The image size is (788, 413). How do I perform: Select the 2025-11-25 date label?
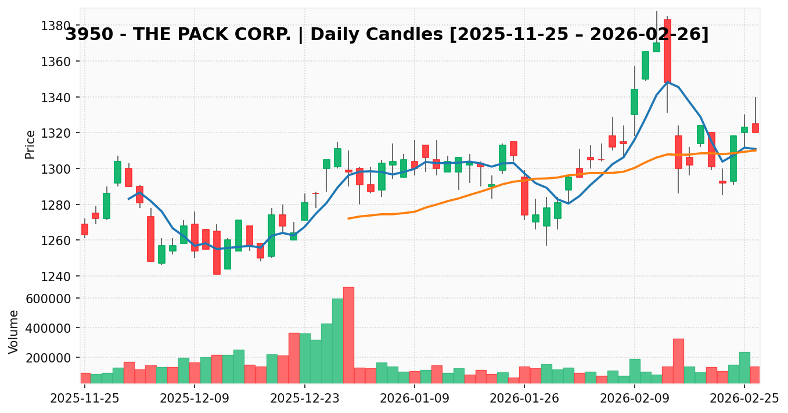(85, 398)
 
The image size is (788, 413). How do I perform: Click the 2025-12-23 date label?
(305, 398)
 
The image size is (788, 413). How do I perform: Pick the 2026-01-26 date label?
(524, 398)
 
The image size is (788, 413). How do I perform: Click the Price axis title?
(30, 144)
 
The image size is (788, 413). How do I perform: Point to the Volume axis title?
(14, 331)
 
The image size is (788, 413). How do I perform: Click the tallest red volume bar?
(348, 335)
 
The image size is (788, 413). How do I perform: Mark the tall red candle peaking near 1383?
(667, 51)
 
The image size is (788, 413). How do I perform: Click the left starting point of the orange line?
(348, 218)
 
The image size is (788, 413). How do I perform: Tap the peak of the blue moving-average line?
(667, 82)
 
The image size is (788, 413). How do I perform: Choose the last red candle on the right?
(755, 128)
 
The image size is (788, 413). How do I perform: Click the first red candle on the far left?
(85, 229)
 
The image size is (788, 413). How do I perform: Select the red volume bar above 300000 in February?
(678, 361)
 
